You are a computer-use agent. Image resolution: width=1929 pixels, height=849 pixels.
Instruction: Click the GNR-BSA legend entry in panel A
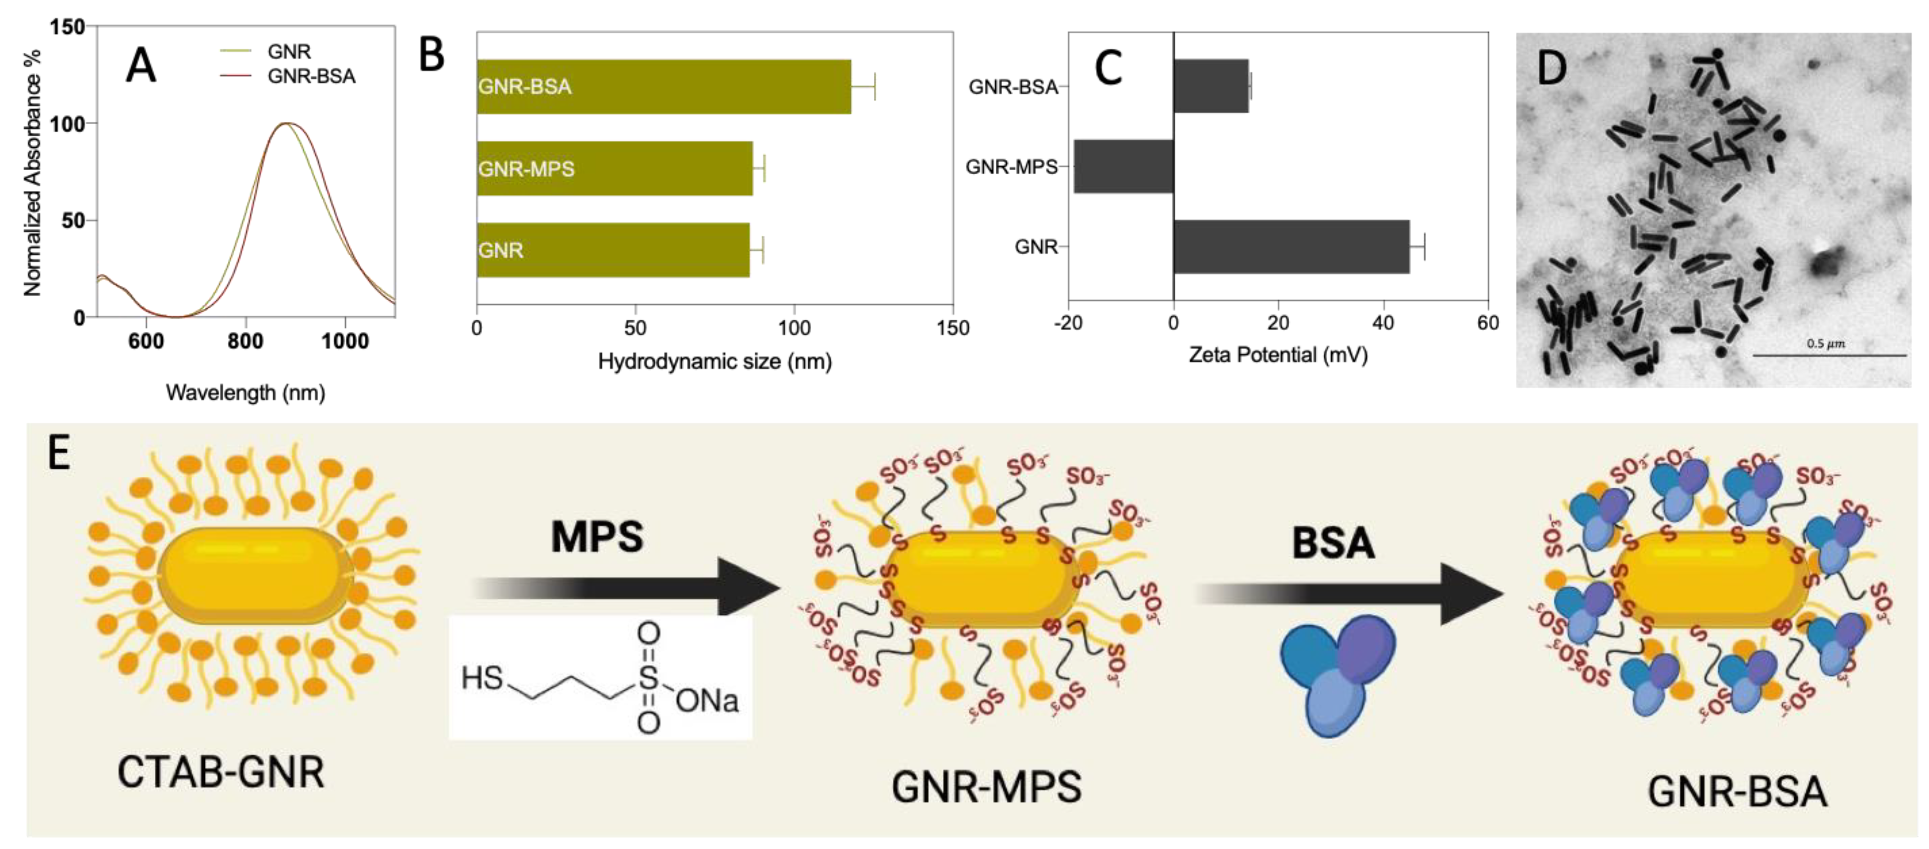point(311,77)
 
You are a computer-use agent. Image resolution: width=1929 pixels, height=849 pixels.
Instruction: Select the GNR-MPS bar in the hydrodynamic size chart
point(614,168)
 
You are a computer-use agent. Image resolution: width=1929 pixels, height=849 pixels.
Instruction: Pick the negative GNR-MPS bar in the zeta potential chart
point(1123,166)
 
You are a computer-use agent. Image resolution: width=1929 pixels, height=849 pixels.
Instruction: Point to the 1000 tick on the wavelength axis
point(344,341)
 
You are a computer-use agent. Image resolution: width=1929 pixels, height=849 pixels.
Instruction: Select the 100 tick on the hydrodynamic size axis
point(794,328)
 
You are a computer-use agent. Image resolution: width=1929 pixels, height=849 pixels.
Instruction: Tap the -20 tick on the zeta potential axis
point(1068,323)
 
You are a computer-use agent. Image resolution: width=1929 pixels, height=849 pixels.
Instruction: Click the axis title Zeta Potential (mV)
point(1278,355)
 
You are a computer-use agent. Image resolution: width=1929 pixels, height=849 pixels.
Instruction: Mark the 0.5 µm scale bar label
point(1825,343)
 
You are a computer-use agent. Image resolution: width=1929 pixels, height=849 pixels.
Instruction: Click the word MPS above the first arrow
point(597,537)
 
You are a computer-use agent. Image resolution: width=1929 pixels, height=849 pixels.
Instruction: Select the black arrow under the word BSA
point(1348,594)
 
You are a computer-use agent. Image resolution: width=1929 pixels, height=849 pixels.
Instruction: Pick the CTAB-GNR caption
point(221,772)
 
